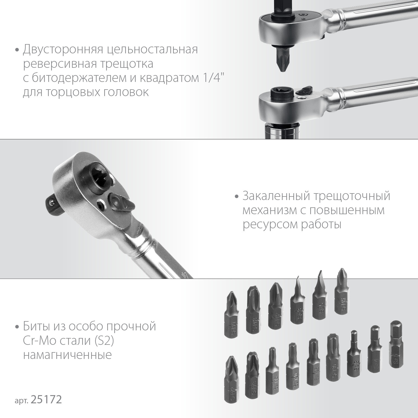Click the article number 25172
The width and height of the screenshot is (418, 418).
[x=47, y=400]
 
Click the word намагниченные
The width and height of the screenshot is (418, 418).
[x=67, y=355]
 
